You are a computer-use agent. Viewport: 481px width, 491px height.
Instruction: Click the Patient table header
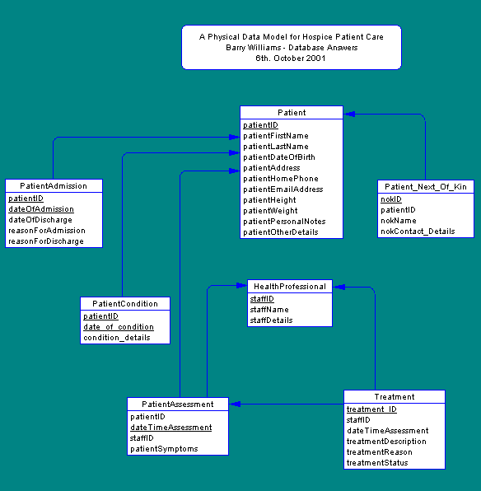tap(291, 113)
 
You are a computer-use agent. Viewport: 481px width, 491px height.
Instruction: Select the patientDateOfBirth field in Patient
tap(278, 157)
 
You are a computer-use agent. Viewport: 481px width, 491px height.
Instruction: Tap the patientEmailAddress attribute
tap(283, 189)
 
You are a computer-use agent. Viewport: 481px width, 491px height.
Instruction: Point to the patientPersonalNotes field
tap(284, 222)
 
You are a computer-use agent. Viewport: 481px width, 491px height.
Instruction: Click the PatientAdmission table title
tap(54, 186)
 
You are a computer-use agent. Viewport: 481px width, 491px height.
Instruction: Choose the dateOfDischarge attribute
tap(40, 220)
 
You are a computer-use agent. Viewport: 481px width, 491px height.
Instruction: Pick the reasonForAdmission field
tap(46, 231)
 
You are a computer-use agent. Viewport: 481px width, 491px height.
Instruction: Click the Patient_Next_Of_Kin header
tap(426, 187)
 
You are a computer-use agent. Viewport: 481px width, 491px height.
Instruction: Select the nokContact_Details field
tap(418, 231)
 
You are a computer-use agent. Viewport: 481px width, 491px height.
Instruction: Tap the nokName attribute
tap(399, 221)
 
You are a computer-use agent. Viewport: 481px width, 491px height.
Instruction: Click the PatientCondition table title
tap(125, 304)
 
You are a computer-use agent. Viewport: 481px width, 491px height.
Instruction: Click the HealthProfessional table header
tap(289, 287)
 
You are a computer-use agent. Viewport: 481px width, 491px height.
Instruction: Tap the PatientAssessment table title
tap(178, 404)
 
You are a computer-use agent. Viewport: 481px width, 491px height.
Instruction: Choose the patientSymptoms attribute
tap(164, 449)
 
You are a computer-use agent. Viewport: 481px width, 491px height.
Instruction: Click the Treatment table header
tap(394, 397)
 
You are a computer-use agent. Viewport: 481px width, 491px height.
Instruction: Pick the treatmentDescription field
tap(386, 442)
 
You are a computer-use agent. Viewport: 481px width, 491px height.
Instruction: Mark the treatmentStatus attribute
tap(377, 463)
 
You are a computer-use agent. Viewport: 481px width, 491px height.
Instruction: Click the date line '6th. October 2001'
tap(291, 58)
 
